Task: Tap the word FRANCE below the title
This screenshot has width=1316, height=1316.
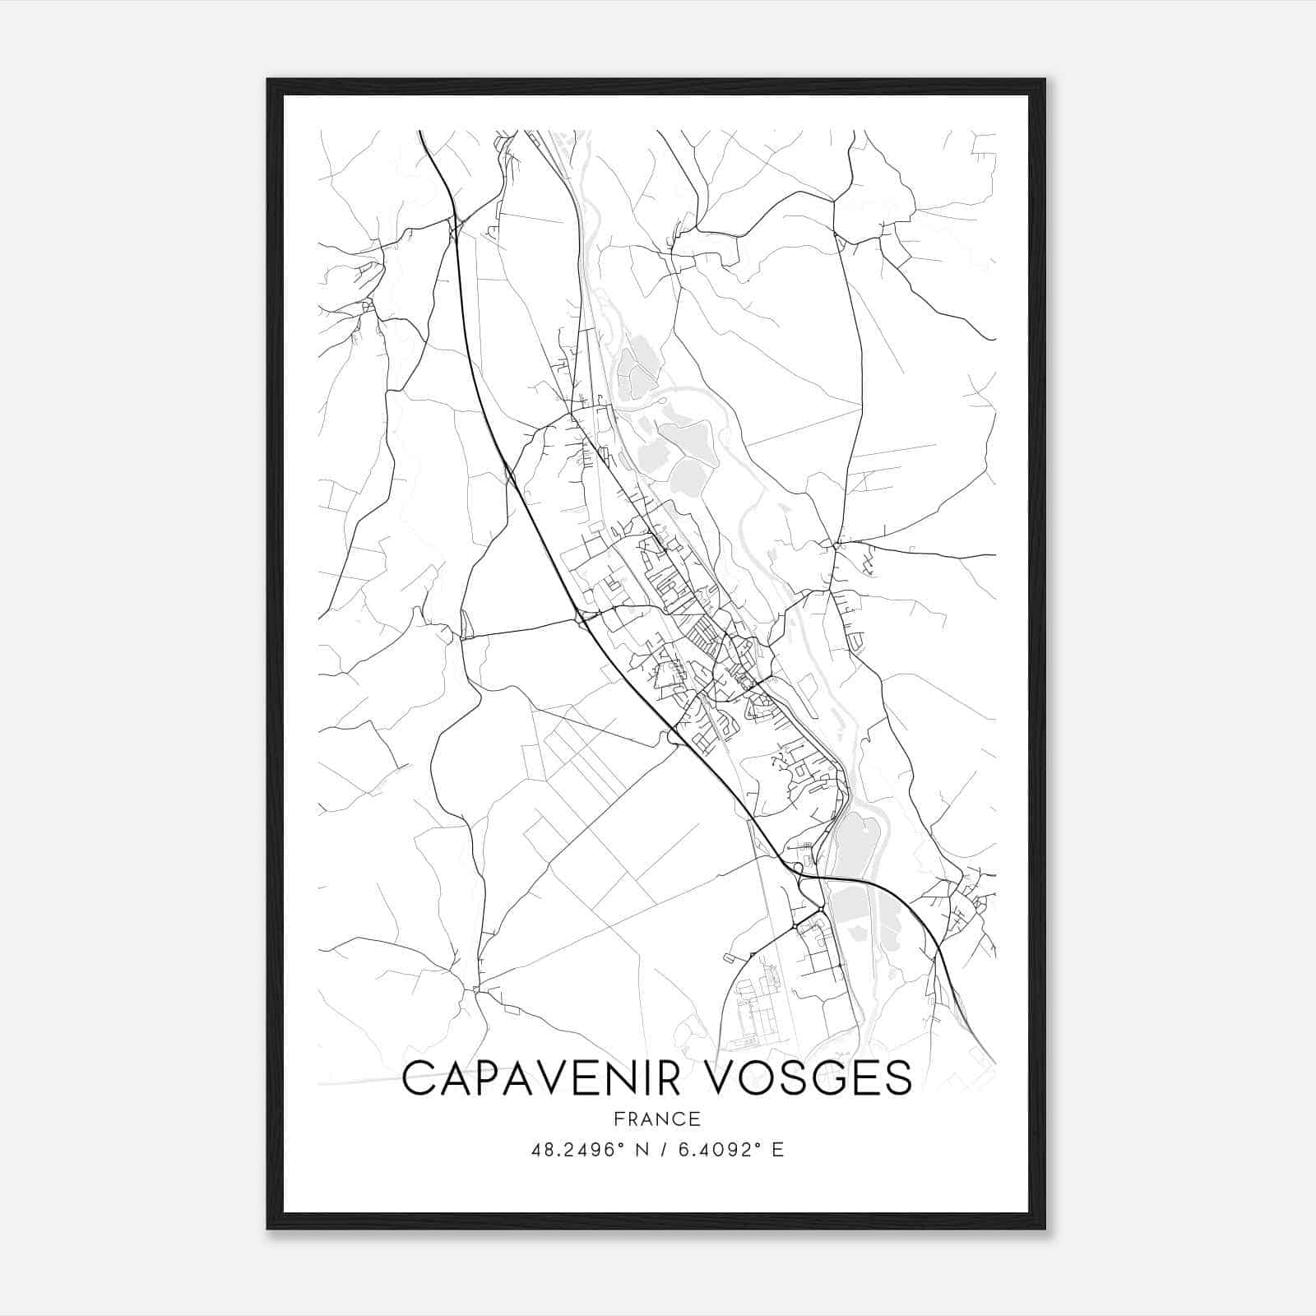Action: (x=657, y=1119)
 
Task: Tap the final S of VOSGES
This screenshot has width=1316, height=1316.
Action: (x=898, y=1077)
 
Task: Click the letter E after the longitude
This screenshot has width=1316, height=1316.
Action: (x=777, y=1150)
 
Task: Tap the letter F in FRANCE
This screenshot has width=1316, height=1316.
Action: (x=619, y=1119)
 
